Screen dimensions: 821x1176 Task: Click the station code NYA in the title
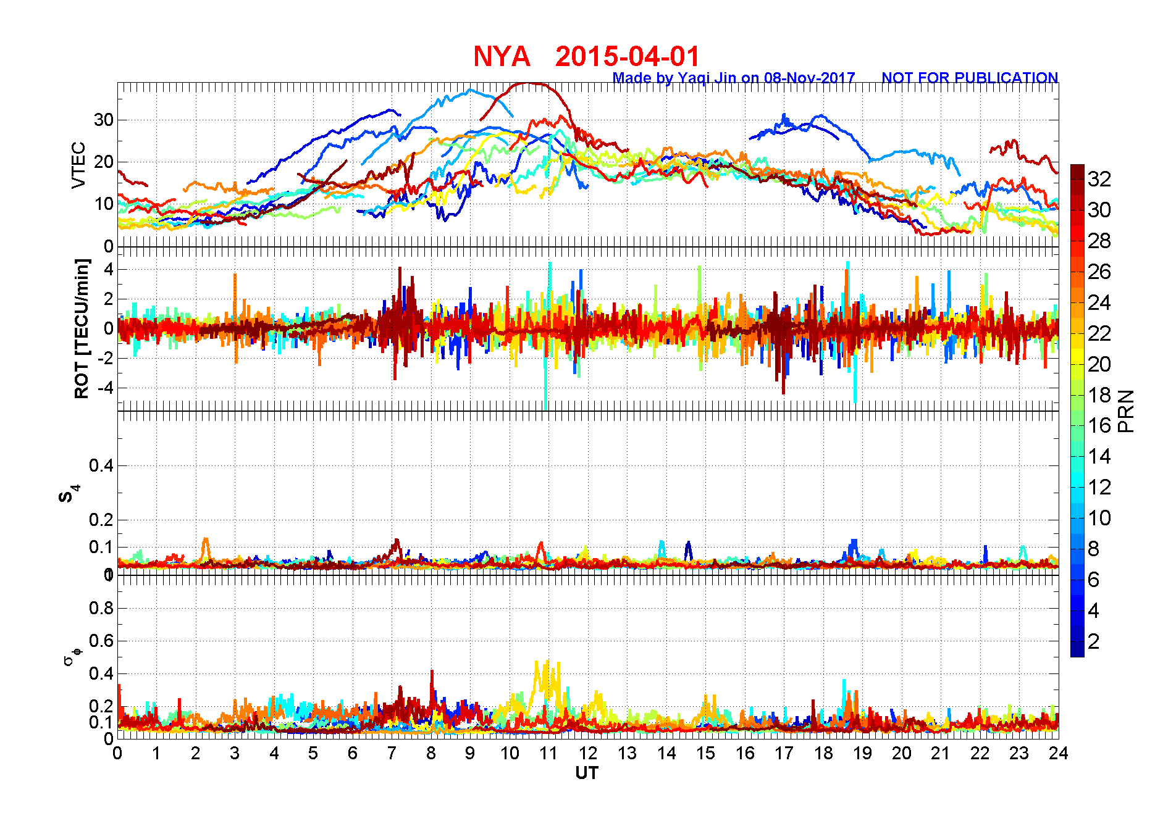(502, 57)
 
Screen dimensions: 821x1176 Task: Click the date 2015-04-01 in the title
(627, 57)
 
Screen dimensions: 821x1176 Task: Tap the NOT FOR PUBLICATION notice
(969, 78)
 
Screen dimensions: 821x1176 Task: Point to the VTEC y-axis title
(78, 165)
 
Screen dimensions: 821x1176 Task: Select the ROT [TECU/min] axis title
(82, 328)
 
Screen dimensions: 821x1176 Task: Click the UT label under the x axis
(587, 773)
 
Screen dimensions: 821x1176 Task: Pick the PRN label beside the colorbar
(1126, 411)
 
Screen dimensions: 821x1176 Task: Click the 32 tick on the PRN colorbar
(1099, 179)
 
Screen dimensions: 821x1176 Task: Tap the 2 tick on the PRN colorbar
(1093, 641)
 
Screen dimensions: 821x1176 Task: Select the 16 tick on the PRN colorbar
(1099, 425)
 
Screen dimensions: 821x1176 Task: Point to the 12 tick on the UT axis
(587, 753)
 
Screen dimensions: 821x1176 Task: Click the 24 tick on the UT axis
(1058, 753)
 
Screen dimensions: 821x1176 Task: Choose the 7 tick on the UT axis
(392, 753)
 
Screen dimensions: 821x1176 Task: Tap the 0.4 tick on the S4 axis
(101, 465)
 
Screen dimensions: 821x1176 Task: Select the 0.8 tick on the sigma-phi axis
(101, 608)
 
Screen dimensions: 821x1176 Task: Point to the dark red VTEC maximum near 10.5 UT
(529, 84)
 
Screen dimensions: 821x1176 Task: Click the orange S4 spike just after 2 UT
(206, 541)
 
